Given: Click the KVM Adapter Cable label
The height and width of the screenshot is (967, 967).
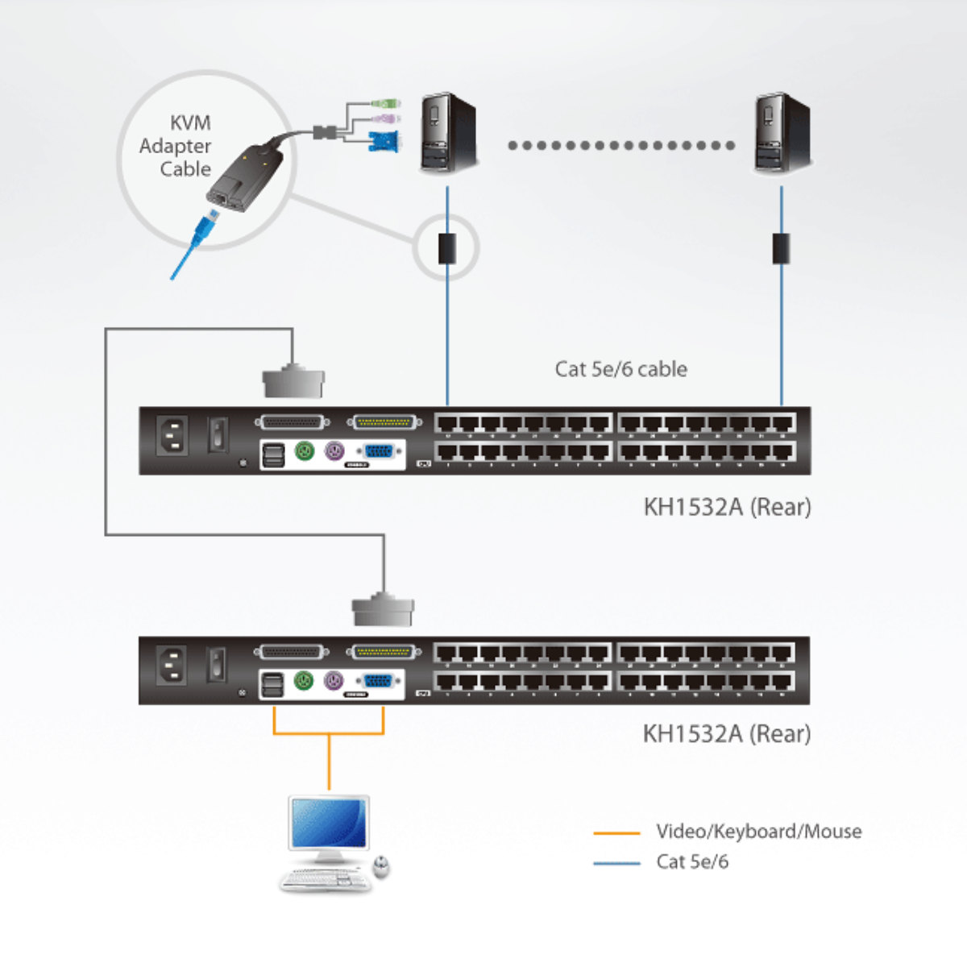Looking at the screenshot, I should point(176,146).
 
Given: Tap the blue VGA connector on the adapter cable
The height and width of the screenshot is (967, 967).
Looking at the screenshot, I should point(383,142).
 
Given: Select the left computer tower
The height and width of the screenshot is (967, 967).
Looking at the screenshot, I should point(448,133).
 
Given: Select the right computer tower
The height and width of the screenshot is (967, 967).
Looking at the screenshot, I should point(781,134).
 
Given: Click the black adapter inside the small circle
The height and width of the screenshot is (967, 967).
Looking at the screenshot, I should point(447,248).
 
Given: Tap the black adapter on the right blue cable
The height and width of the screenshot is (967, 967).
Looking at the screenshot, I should point(781,248).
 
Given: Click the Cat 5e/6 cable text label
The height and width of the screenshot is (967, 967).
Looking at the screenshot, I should point(620,369).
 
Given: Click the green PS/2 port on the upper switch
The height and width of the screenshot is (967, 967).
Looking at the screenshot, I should point(304,452).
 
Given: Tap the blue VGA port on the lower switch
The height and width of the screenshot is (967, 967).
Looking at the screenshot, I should point(378,681).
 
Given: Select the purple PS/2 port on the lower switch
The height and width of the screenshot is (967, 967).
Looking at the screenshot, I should point(334,681).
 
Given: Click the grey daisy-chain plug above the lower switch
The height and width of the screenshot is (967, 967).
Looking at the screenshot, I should point(383,610).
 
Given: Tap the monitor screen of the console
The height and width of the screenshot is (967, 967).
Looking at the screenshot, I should point(329,824).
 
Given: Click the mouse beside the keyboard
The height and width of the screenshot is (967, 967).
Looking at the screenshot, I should point(382,867).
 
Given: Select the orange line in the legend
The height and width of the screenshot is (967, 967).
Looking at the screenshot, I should point(616,832).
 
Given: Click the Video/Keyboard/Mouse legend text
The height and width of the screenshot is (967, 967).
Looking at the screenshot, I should point(758,832).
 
